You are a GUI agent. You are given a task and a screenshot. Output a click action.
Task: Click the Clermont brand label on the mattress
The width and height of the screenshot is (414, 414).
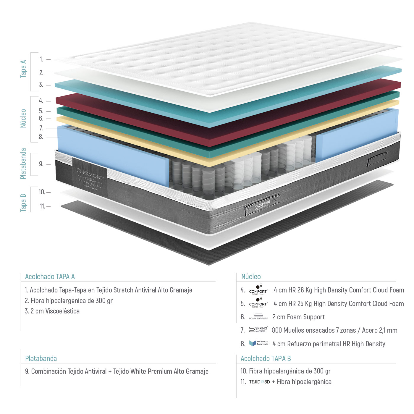click(x=90, y=177)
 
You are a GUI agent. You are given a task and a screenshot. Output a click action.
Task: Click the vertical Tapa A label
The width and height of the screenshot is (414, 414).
click(x=23, y=69)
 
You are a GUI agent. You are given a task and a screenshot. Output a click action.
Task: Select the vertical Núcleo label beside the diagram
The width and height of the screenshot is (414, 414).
click(x=23, y=118)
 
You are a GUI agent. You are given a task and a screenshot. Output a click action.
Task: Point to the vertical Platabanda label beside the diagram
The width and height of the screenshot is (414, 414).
click(x=23, y=164)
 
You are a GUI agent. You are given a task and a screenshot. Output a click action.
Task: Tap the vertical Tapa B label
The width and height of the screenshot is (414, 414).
click(x=23, y=203)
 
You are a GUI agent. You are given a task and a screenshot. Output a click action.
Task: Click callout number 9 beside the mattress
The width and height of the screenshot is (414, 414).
click(x=41, y=164)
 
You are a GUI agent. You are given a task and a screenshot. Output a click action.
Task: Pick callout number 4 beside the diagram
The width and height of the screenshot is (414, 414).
click(x=41, y=101)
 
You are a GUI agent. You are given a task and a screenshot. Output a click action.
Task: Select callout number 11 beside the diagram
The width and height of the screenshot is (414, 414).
click(x=43, y=206)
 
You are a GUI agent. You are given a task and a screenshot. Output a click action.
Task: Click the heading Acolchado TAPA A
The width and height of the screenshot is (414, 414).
click(x=50, y=277)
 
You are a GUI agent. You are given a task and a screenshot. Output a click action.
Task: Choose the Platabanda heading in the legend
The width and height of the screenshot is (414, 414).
click(x=41, y=359)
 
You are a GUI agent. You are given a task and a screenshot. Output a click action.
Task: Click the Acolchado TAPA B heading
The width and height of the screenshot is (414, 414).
click(x=266, y=359)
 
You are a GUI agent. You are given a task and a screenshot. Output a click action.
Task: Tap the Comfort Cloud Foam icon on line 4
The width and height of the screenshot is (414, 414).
click(x=258, y=290)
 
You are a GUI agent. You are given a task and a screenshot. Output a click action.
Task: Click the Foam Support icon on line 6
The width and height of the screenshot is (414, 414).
click(x=258, y=317)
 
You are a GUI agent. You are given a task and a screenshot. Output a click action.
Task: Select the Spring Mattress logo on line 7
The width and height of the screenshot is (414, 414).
click(x=258, y=329)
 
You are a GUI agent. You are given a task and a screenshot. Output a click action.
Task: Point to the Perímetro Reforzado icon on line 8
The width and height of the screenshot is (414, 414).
click(x=258, y=343)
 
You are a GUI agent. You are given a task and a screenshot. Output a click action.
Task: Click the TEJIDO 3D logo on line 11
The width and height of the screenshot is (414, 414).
click(x=259, y=382)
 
